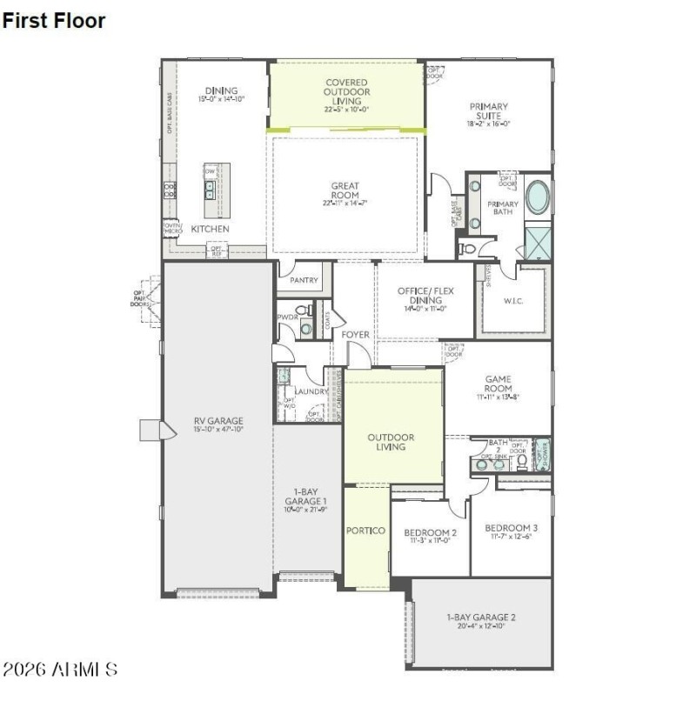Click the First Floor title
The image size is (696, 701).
(54, 21)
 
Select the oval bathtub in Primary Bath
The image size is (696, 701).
(538, 197)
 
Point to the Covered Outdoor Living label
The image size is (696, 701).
(346, 91)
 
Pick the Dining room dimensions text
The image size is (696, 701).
(221, 100)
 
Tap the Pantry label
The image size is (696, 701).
(304, 281)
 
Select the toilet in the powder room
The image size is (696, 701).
(303, 310)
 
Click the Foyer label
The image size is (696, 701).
(355, 334)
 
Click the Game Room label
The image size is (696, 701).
(498, 384)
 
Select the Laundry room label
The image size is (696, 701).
(311, 392)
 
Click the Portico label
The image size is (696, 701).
(365, 531)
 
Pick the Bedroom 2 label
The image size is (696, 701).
(430, 532)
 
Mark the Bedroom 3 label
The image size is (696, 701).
(512, 528)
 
